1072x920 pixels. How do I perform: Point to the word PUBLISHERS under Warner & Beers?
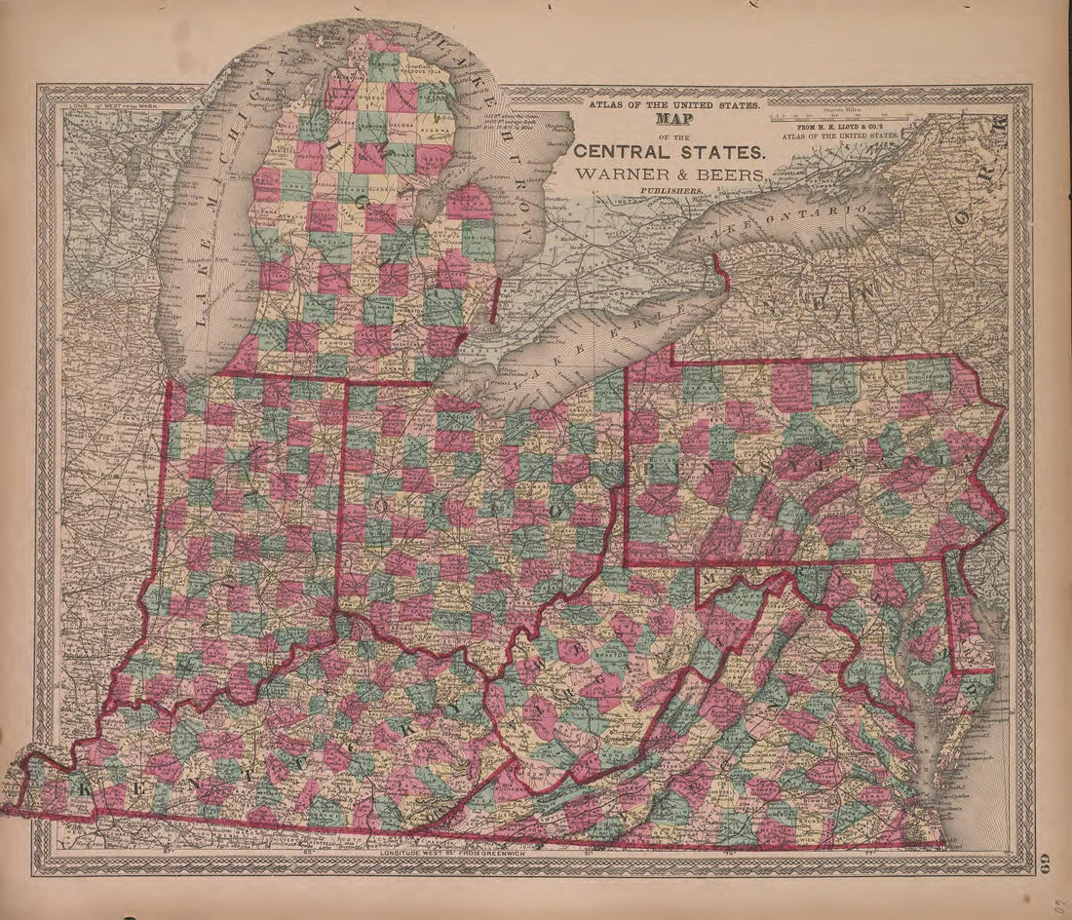click(670, 192)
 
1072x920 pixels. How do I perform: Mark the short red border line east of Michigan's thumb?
click(495, 300)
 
